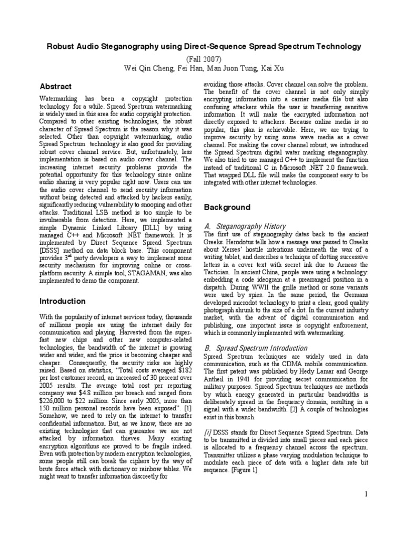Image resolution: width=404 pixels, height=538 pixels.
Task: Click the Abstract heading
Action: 56,86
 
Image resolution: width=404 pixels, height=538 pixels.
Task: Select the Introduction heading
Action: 63,301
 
